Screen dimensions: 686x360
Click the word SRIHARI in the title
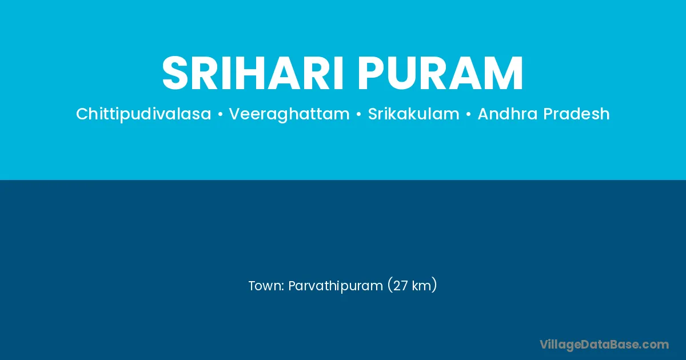(x=253, y=73)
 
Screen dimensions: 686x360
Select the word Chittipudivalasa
(x=143, y=114)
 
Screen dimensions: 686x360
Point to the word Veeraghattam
(x=289, y=114)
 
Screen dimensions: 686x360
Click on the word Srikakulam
(x=414, y=114)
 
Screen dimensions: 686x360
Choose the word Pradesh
(x=576, y=114)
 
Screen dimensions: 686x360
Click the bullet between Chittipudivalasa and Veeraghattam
(x=220, y=114)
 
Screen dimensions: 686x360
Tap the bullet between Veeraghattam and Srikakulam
(x=359, y=114)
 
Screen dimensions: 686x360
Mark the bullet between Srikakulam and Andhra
(x=469, y=114)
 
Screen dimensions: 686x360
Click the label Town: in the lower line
(x=266, y=286)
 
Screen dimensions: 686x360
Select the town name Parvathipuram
(x=336, y=286)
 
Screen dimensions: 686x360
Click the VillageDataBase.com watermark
(x=604, y=345)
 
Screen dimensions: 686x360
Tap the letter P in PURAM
(x=370, y=73)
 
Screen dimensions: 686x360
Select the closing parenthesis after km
(x=434, y=285)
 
